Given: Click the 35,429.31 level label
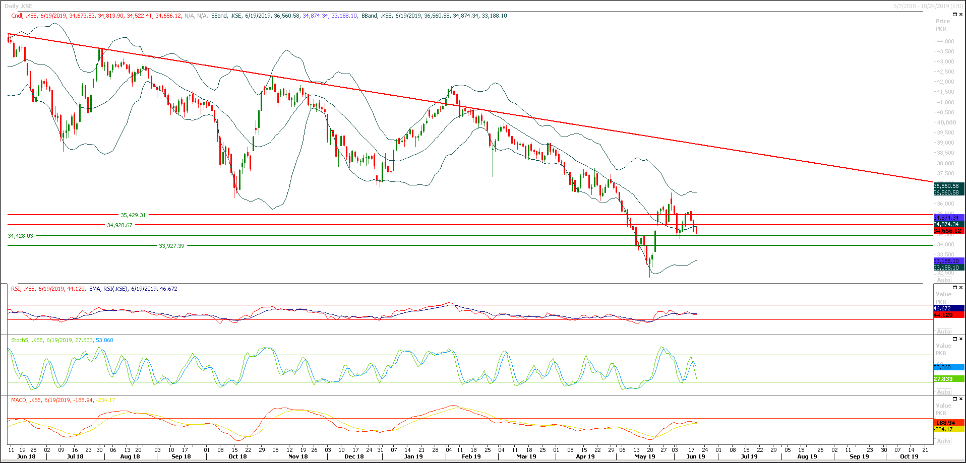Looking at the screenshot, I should pyautogui.click(x=133, y=215).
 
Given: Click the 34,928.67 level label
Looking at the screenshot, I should pyautogui.click(x=119, y=225).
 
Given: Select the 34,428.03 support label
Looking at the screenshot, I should pyautogui.click(x=20, y=236).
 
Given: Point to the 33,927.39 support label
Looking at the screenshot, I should pyautogui.click(x=171, y=246).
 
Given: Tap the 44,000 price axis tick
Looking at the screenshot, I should pyautogui.click(x=945, y=41).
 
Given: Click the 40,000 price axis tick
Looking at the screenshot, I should pyautogui.click(x=945, y=122).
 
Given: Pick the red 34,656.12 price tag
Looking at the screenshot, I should pyautogui.click(x=948, y=231).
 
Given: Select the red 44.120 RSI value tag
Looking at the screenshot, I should pyautogui.click(x=948, y=315).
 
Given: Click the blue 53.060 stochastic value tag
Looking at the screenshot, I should pyautogui.click(x=948, y=367).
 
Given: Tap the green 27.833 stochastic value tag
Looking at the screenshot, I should pyautogui.click(x=948, y=379).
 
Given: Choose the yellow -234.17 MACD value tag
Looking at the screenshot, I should pyautogui.click(x=948, y=429).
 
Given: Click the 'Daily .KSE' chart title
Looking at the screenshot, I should pyautogui.click(x=18, y=6).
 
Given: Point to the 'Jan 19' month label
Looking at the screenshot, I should pyautogui.click(x=413, y=456).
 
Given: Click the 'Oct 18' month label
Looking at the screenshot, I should pyautogui.click(x=237, y=456).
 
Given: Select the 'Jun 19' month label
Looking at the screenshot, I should pyautogui.click(x=696, y=456).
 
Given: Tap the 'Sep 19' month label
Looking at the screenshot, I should pyautogui.click(x=859, y=456).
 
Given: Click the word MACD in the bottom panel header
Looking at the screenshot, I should pyautogui.click(x=19, y=400).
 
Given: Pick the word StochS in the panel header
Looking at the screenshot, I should pyautogui.click(x=20, y=340).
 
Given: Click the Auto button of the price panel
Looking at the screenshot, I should pyautogui.click(x=944, y=280).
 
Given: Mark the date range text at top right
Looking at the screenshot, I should pyautogui.click(x=928, y=6).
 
